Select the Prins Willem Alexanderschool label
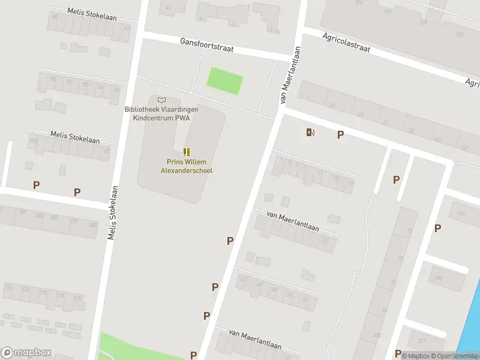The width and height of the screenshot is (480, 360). click(x=187, y=166)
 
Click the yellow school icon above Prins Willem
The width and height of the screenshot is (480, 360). click(x=187, y=152)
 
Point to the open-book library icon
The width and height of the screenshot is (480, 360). click(x=161, y=100)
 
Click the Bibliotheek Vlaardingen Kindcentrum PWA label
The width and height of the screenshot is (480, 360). click(x=161, y=114)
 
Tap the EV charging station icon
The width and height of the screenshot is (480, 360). click(x=310, y=133)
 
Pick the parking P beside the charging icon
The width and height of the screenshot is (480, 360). click(x=340, y=135)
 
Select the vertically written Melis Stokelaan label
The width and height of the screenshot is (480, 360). click(x=112, y=213)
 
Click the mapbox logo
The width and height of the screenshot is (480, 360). click(x=26, y=353)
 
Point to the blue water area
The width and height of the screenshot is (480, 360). click(x=473, y=324)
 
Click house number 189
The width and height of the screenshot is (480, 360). click(x=439, y=277)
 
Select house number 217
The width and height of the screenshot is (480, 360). click(x=422, y=342)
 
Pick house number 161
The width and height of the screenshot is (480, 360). click(x=461, y=213)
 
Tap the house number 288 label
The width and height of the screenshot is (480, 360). click(x=92, y=224)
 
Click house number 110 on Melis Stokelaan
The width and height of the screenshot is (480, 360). click(x=78, y=298)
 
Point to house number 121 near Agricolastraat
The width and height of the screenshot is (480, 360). click(x=463, y=148)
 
